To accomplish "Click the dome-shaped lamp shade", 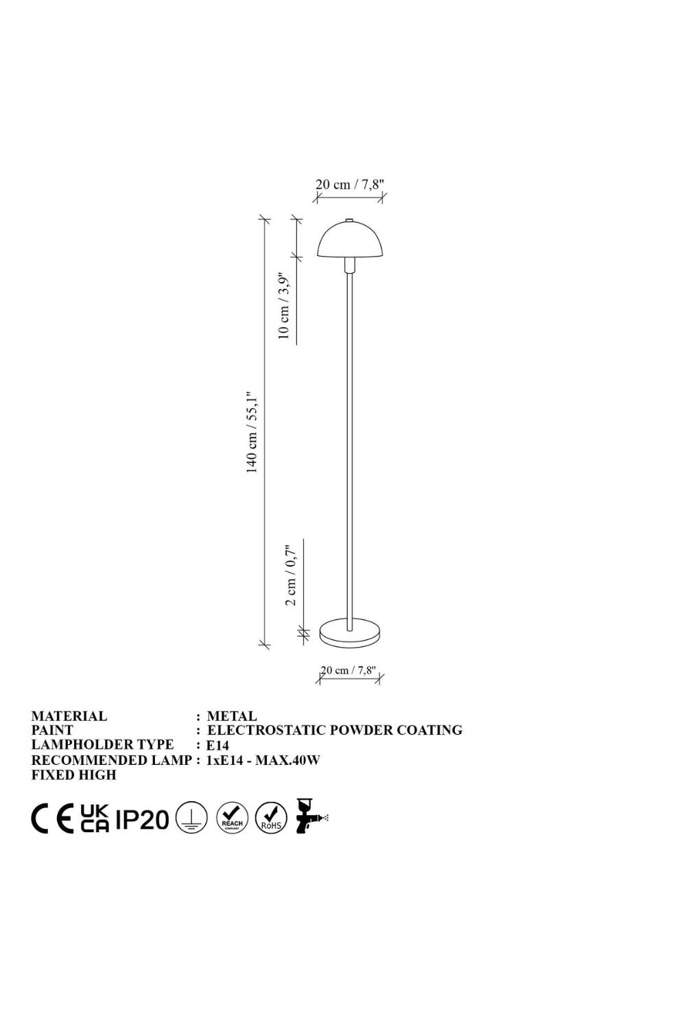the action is pyautogui.click(x=349, y=240).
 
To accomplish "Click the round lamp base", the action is pyautogui.click(x=350, y=634).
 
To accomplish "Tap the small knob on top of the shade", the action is pyautogui.click(x=349, y=221).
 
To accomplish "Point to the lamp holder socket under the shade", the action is pyautogui.click(x=349, y=264).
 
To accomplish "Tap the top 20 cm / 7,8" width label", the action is pyautogui.click(x=349, y=185).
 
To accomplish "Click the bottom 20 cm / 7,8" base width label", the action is pyautogui.click(x=348, y=670).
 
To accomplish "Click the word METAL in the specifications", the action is pyautogui.click(x=232, y=716).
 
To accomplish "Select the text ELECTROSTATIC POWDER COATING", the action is pyautogui.click(x=335, y=730).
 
